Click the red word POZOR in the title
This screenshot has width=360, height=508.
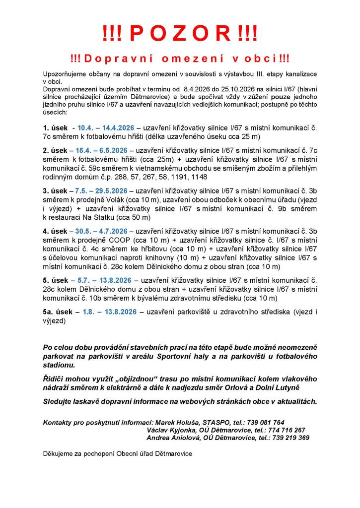pyautogui.click(x=180, y=34)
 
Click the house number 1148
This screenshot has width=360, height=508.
pyautogui.click(x=198, y=177)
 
